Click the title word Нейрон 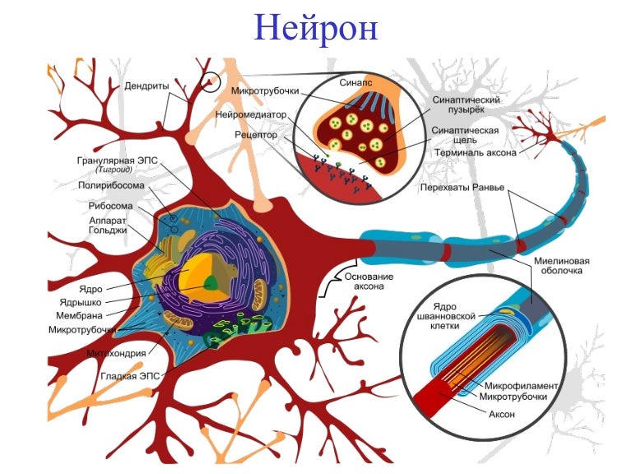click(x=315, y=27)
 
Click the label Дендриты click(x=148, y=85)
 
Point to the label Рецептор click(x=255, y=133)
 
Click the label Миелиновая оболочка click(x=564, y=264)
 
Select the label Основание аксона click(x=368, y=282)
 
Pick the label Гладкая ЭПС click(x=131, y=376)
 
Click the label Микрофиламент click(x=522, y=385)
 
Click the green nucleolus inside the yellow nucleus click(x=212, y=283)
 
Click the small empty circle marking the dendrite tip click(x=211, y=81)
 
